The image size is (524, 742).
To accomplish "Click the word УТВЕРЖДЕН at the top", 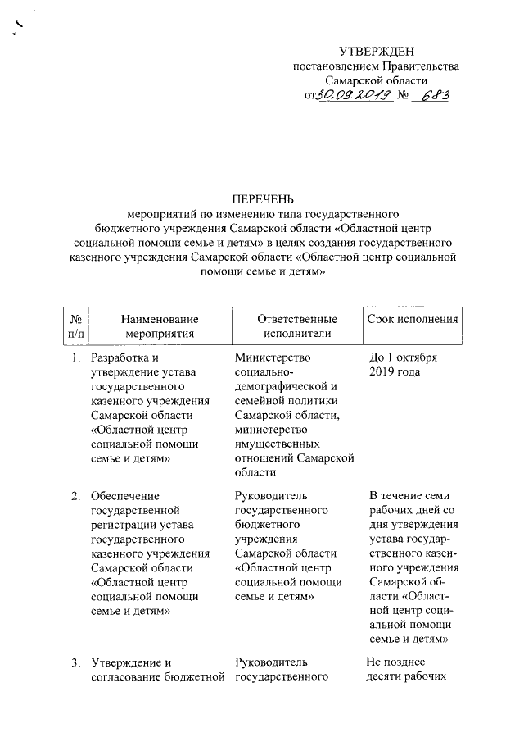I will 376,52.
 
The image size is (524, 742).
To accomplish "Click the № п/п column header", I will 75,325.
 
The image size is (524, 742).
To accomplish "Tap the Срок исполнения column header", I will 412,318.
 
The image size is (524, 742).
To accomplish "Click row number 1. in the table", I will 75,358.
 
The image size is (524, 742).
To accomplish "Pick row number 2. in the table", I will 75,496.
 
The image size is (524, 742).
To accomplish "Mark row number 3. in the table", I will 75,662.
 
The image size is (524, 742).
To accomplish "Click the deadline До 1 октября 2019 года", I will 404,365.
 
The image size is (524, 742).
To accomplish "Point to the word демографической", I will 279,386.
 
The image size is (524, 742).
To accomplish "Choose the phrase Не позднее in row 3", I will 397,662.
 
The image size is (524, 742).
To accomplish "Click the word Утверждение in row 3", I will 125,662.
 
